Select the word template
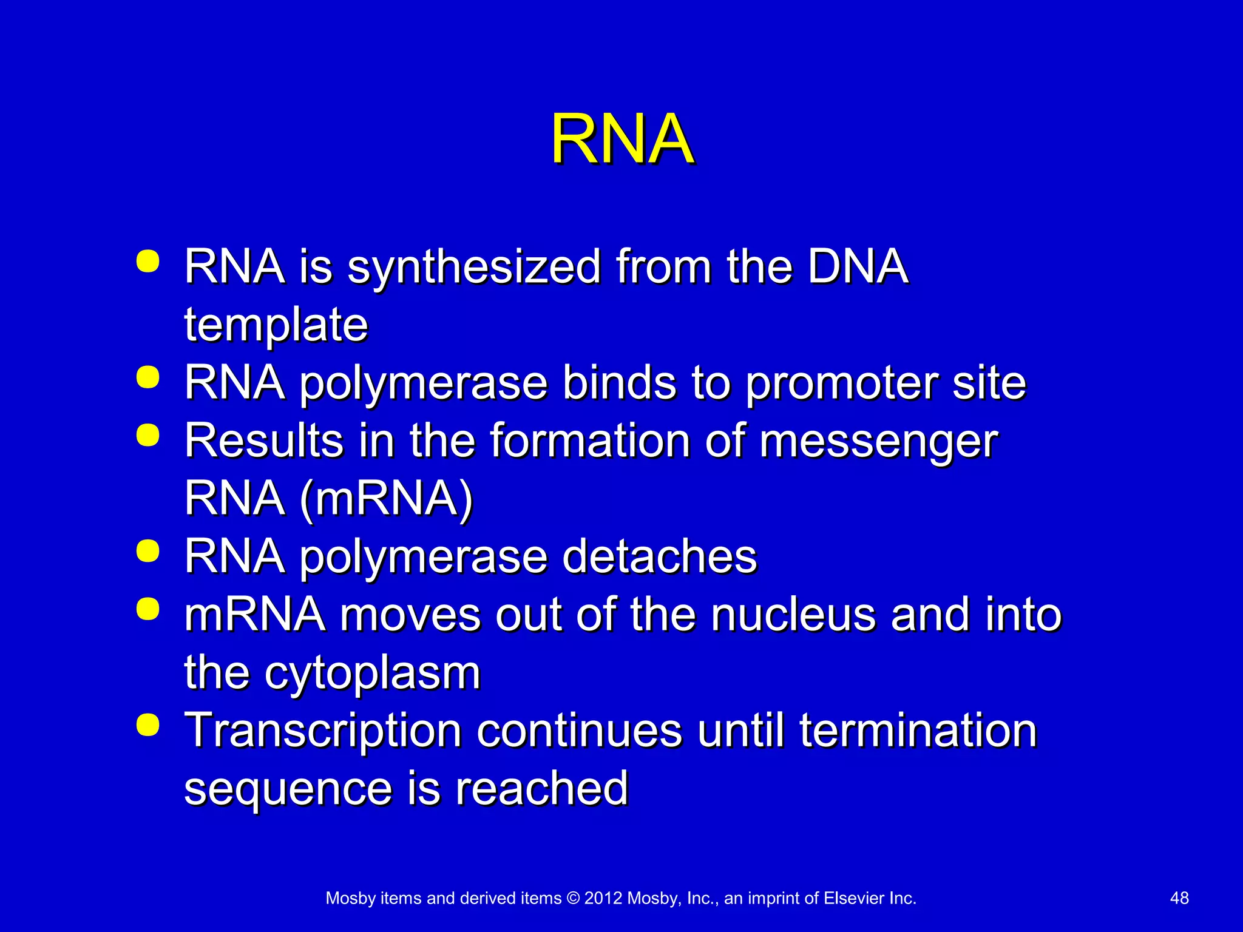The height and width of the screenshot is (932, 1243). click(276, 325)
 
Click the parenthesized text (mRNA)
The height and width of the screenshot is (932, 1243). click(386, 499)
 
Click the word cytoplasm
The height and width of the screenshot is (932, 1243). click(372, 674)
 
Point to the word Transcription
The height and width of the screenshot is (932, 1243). click(323, 731)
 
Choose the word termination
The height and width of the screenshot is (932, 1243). click(918, 731)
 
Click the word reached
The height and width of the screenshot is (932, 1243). click(541, 789)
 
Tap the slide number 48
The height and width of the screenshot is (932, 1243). click(1179, 898)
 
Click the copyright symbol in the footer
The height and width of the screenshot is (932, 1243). click(573, 898)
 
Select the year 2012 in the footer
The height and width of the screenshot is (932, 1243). click(603, 898)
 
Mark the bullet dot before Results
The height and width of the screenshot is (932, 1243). click(148, 435)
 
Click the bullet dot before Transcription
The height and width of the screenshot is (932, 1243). click(148, 725)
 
